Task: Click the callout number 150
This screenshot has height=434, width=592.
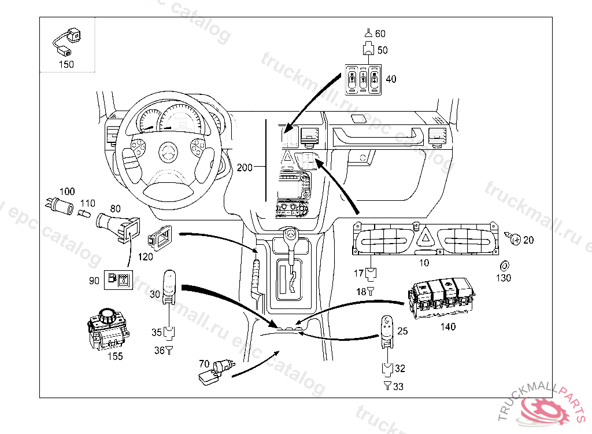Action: tap(66, 64)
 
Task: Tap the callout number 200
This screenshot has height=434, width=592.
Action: tap(245, 167)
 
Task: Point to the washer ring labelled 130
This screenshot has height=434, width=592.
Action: tap(504, 266)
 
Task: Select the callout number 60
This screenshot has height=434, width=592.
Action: tap(380, 34)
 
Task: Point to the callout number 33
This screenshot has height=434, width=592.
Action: tap(398, 387)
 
